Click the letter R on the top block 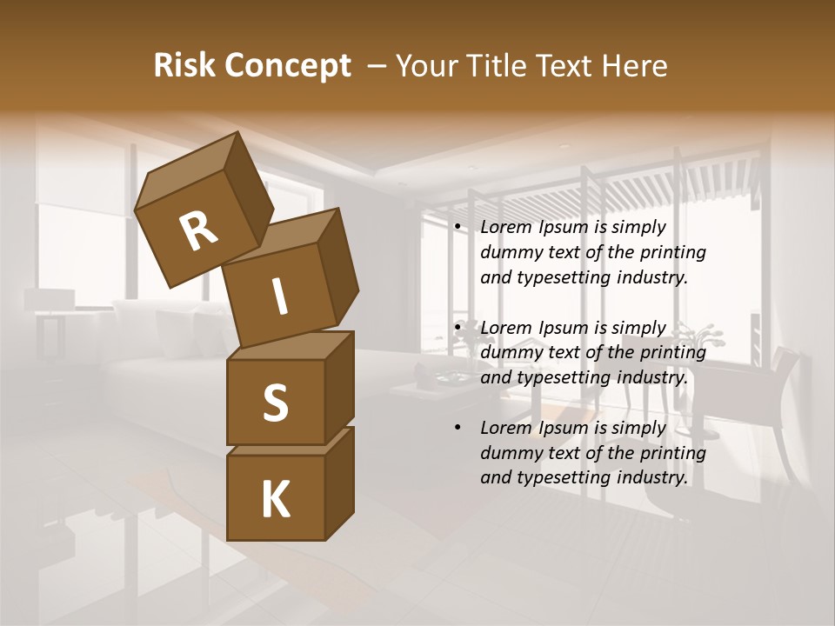pyautogui.click(x=198, y=230)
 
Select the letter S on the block pyautogui.click(x=275, y=403)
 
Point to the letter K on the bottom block pyautogui.click(x=275, y=500)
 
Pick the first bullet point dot pyautogui.click(x=458, y=228)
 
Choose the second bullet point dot pyautogui.click(x=458, y=329)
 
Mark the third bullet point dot pyautogui.click(x=458, y=429)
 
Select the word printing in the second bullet pyautogui.click(x=672, y=353)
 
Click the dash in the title pyautogui.click(x=377, y=66)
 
